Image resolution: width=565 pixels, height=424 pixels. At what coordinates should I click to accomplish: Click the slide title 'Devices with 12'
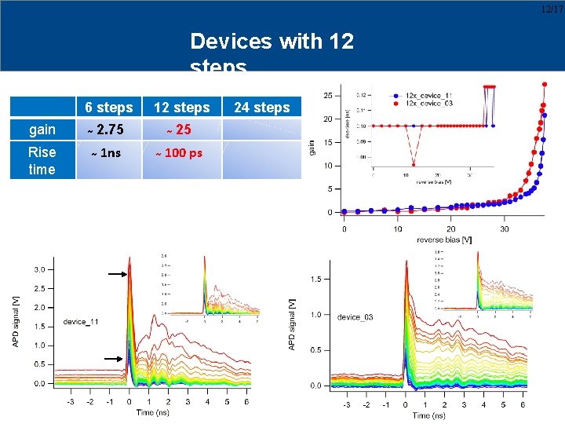(272, 41)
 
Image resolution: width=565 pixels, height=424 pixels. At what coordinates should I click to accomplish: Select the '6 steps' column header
(109, 108)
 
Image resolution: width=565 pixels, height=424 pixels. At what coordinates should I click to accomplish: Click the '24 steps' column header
(262, 108)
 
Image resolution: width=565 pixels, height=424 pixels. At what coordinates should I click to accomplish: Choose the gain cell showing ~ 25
(179, 130)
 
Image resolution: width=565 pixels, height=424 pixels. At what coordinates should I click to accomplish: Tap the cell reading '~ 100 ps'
(178, 153)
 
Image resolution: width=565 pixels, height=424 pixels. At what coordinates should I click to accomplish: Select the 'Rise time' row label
(42, 161)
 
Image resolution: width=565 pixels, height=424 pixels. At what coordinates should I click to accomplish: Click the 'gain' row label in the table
(42, 130)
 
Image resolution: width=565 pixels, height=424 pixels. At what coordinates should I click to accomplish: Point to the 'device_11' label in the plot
(81, 321)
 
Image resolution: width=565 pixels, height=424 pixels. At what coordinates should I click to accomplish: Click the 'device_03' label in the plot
(355, 317)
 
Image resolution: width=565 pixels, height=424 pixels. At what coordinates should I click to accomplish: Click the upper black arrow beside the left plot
(116, 274)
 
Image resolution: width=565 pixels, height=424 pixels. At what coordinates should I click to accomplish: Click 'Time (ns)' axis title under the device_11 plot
(155, 412)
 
